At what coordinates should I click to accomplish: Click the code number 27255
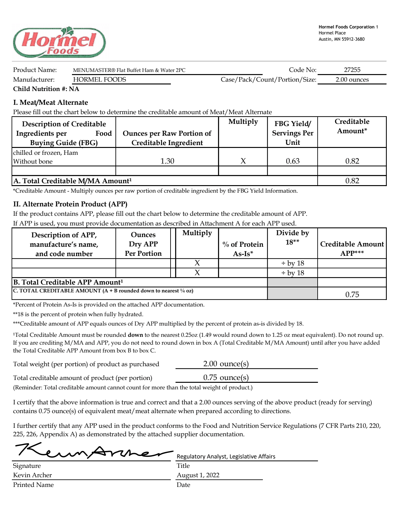coord(352,70)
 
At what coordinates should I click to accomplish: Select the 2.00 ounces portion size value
coord(352,79)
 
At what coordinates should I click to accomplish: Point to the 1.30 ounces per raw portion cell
coord(167,161)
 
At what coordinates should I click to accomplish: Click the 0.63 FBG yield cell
coord(293,161)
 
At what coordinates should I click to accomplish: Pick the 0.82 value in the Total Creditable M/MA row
coord(352,181)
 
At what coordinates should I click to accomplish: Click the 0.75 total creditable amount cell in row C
coord(352,294)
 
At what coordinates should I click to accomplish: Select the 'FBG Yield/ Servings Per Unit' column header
coord(293,133)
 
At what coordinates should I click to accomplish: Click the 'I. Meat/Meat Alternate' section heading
coord(50,103)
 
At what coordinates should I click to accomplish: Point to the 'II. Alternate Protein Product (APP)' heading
coord(70,204)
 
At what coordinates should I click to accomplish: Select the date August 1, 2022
coord(198,475)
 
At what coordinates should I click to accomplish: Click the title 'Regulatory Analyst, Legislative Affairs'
coord(226,456)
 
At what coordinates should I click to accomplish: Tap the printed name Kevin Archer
coord(33,475)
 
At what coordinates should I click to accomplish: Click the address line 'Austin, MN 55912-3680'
coord(341,39)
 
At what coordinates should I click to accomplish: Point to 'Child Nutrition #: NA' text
coord(46,89)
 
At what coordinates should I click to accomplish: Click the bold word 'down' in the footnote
coord(136,335)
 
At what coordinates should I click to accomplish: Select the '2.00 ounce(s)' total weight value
coord(226,364)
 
